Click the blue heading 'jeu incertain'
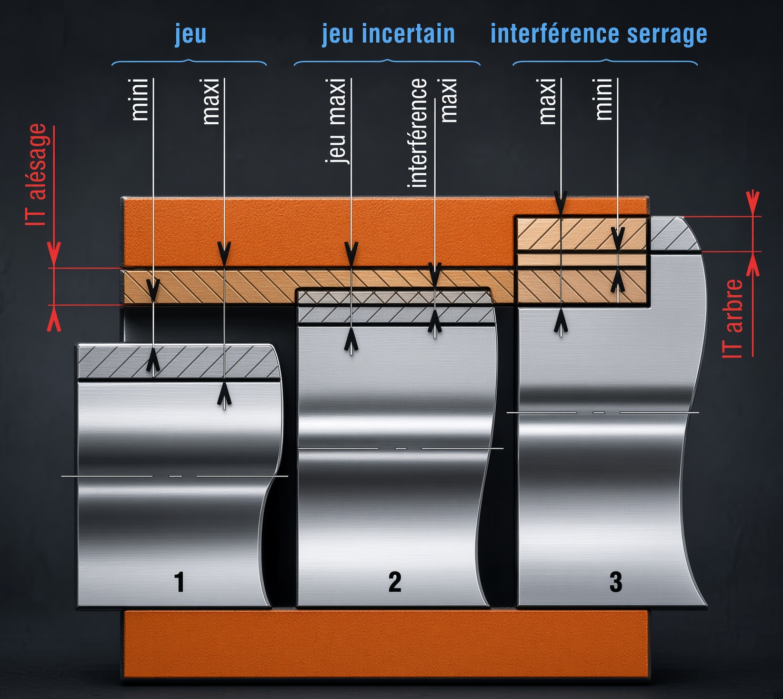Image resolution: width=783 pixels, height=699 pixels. coord(388,34)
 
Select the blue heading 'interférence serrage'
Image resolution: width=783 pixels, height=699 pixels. coord(599,35)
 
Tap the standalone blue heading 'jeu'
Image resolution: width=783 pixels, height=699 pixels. coord(190,35)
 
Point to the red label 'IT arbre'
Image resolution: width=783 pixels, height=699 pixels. coord(733,318)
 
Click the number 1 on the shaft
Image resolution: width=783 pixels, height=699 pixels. coord(179,582)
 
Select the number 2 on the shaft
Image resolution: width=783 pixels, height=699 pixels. coord(395,582)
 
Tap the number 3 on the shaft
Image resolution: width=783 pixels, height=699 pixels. coord(616,582)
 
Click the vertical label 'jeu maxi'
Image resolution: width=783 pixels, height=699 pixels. coord(336,121)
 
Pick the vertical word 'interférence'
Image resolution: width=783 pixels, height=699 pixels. coord(417,133)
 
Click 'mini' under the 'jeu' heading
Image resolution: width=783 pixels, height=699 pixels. coord(139,100)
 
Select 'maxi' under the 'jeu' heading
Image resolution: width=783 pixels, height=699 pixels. coord(211,102)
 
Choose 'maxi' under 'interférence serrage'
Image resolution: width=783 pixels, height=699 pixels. coord(547,102)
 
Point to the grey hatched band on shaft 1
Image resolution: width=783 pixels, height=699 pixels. coord(179,362)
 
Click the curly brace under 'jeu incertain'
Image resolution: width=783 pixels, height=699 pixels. coord(387,62)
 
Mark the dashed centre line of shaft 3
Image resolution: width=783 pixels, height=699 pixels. coord(603,413)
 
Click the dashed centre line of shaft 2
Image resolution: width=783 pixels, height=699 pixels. coord(401,448)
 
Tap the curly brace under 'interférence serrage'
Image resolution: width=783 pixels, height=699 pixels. coord(605,62)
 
